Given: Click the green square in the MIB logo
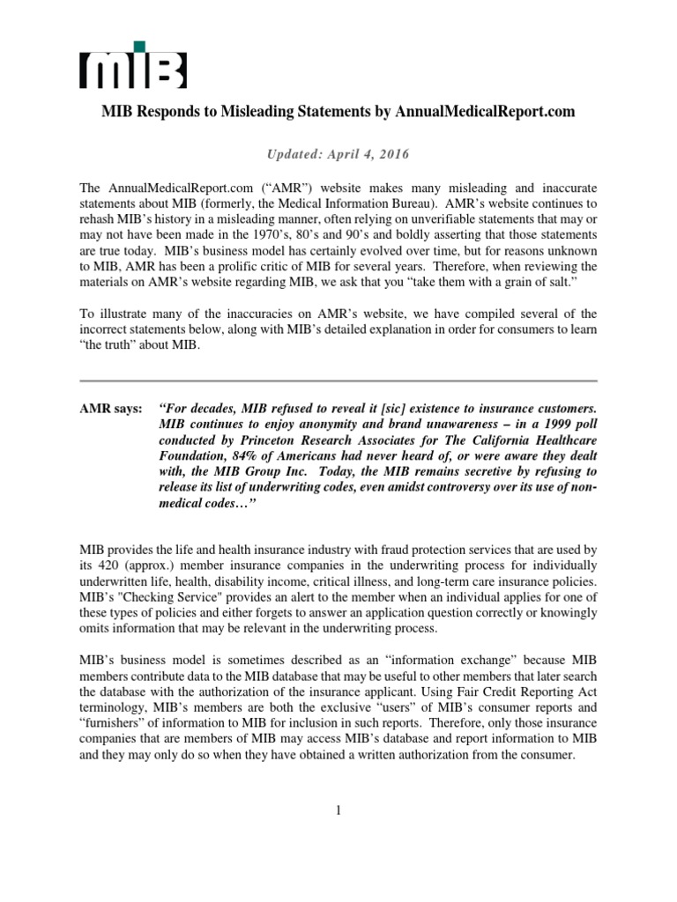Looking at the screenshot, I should [139, 46].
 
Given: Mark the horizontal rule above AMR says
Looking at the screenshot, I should [338, 381].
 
